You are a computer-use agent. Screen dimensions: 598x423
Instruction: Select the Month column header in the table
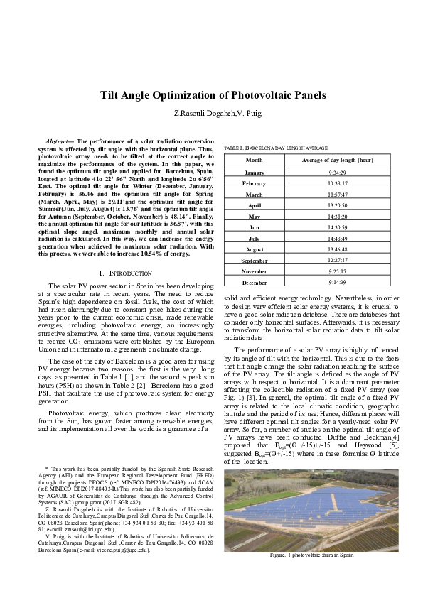[x=254, y=161]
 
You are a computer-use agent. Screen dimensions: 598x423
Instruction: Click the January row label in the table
[x=254, y=173]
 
